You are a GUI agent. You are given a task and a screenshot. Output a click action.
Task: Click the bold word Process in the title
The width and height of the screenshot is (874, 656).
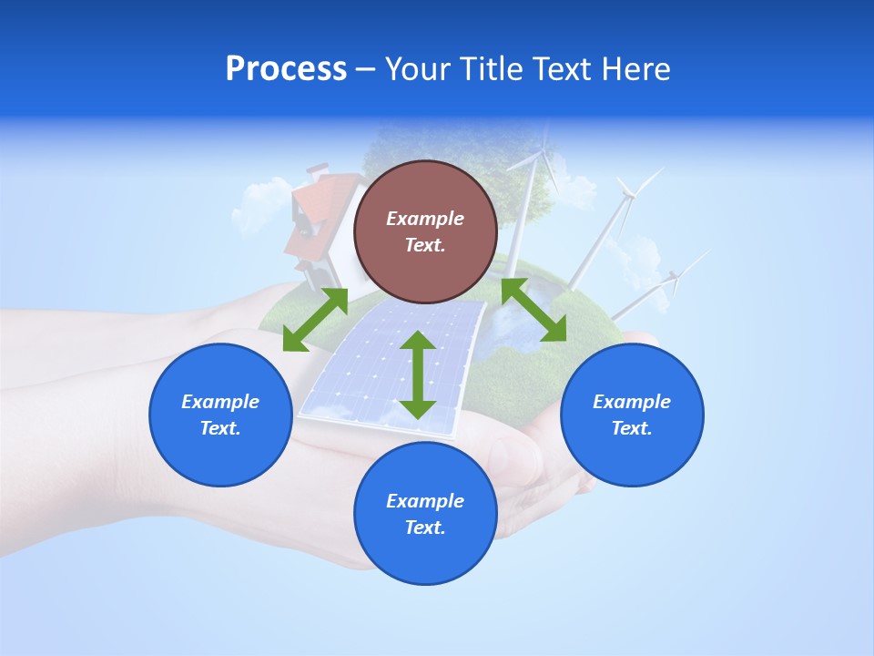click(286, 69)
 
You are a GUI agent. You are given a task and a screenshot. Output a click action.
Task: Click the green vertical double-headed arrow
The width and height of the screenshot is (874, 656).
click(418, 374)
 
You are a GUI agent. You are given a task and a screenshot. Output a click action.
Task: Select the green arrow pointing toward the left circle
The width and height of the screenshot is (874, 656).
click(315, 320)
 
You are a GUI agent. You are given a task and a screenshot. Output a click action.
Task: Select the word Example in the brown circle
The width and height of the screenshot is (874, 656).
click(425, 219)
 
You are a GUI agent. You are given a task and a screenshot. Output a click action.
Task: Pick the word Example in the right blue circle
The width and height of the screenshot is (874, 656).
click(632, 402)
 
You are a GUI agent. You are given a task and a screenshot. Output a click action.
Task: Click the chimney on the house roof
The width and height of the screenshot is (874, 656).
click(317, 169)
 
